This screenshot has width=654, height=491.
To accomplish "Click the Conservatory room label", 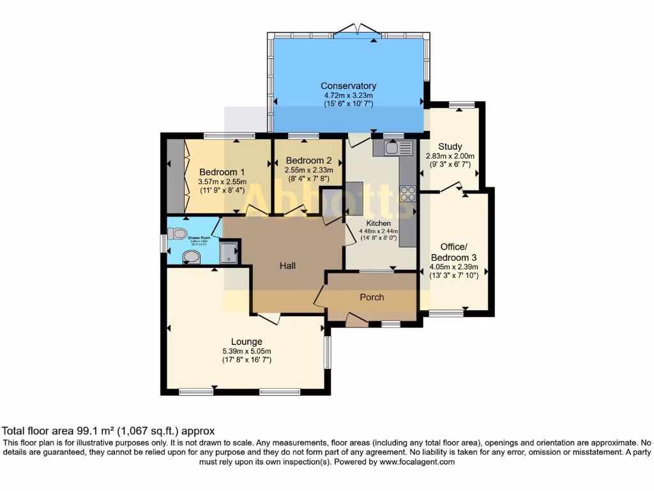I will pos(348,86).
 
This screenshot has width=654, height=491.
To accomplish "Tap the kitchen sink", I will pos(391,148).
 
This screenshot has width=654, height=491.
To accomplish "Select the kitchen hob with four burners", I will pos(407,193).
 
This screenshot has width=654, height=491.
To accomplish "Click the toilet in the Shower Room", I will pos(179,234).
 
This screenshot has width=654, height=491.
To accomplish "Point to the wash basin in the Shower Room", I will pos(190,256).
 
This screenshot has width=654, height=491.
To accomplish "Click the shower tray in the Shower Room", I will pos(229,252).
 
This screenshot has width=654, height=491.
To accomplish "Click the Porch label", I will pos(372,297).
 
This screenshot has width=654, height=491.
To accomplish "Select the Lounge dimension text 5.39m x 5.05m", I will pos(247,351).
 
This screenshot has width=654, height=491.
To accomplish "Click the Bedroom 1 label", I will pos(222,172).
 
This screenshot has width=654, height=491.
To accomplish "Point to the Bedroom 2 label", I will pos(308,160).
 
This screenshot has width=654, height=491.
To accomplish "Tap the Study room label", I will pos(450,146).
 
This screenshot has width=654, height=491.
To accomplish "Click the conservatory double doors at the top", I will pos(354,29).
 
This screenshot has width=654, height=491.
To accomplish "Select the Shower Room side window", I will pos(163,243).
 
